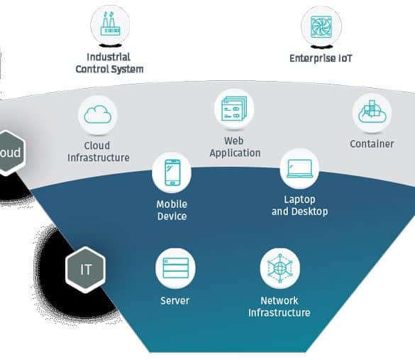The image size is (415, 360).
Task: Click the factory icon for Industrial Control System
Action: pos(110,24)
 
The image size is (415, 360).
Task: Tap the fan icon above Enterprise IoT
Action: pos(321,27)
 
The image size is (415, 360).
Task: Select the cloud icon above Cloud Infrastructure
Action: pos(98,114)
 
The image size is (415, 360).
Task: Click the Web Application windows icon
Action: pos(234,109)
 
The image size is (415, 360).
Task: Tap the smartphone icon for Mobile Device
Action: pos(172,172)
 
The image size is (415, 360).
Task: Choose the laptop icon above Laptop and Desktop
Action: pos(300,168)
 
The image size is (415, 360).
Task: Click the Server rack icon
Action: pos(176,268)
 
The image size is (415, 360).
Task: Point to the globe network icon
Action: pos(280,268)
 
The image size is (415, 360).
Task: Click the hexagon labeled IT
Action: pos(86,269)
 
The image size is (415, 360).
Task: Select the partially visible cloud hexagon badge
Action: pos(11,153)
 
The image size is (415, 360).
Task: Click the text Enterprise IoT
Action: pos(321,58)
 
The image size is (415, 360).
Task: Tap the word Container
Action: pos(372,144)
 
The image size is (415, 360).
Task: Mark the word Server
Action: pos(175,300)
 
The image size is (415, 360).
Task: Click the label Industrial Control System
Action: pos(109,63)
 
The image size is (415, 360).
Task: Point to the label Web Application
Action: pos(235,147)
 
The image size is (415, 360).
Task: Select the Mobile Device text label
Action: pos(172,210)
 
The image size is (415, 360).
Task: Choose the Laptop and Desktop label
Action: pos(299,205)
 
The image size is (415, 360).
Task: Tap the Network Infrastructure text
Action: pos(280,307)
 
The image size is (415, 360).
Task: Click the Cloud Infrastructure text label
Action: pos(99,151)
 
